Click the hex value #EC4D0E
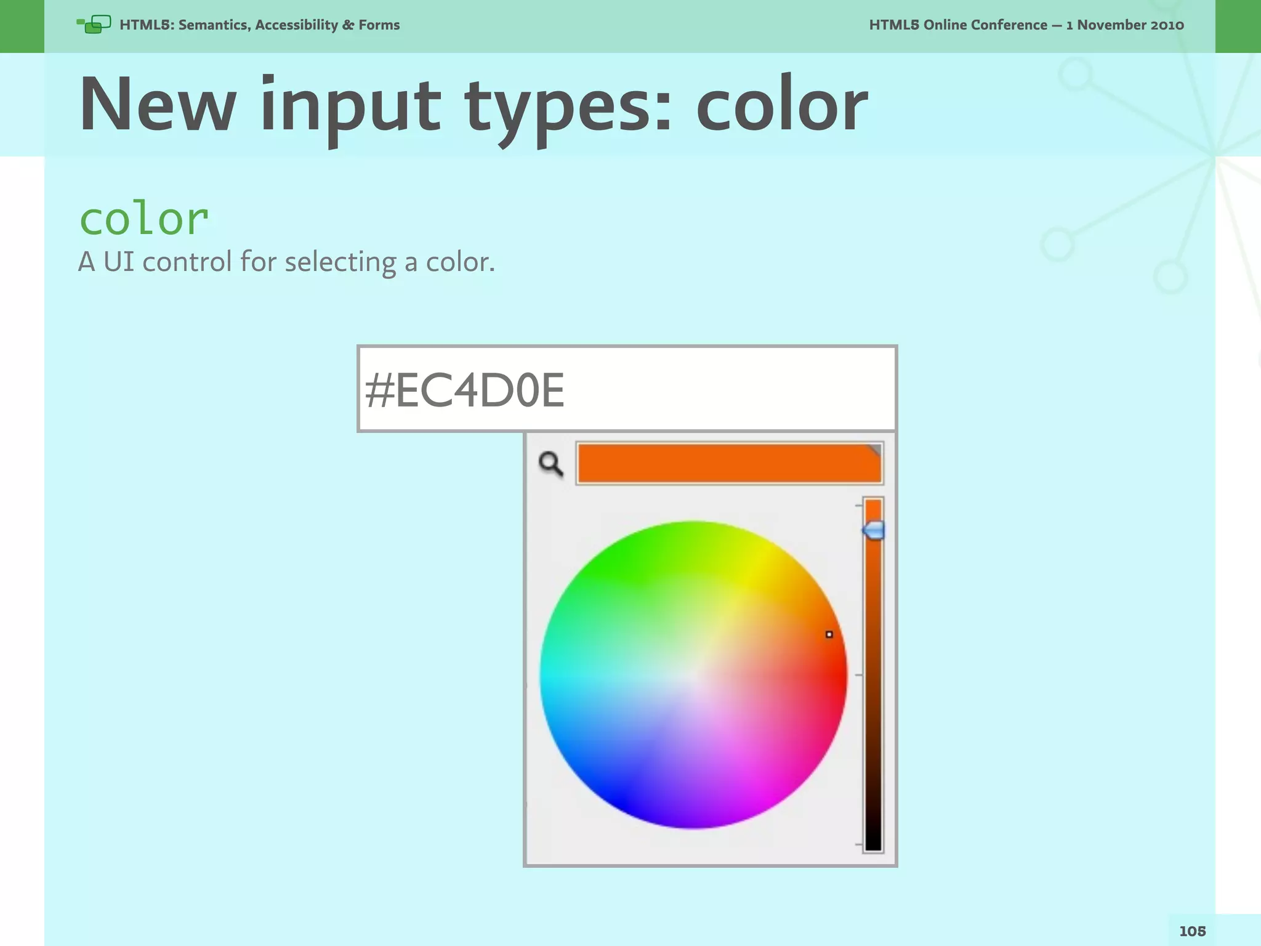pyautogui.click(x=464, y=390)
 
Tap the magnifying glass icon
pyautogui.click(x=550, y=464)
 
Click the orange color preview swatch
pyautogui.click(x=729, y=463)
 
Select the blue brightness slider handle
pyautogui.click(x=873, y=530)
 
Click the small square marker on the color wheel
pyautogui.click(x=829, y=634)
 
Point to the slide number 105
pyautogui.click(x=1192, y=931)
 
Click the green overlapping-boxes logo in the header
pyautogui.click(x=94, y=25)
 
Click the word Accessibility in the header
pyautogui.click(x=296, y=25)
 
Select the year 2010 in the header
pyautogui.click(x=1166, y=25)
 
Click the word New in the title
pyautogui.click(x=158, y=105)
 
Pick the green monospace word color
pyautogui.click(x=144, y=219)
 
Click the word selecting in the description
pyautogui.click(x=340, y=262)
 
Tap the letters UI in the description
pyautogui.click(x=118, y=262)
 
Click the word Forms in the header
pyautogui.click(x=379, y=25)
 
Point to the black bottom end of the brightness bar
pyautogui.click(x=873, y=841)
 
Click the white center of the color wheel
pyautogui.click(x=693, y=676)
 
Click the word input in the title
pyautogui.click(x=350, y=105)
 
